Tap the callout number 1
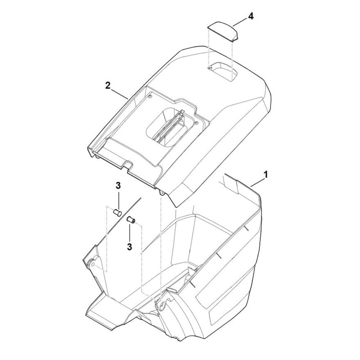266,175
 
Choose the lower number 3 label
130,247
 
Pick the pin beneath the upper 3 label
118,212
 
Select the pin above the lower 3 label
131,220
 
